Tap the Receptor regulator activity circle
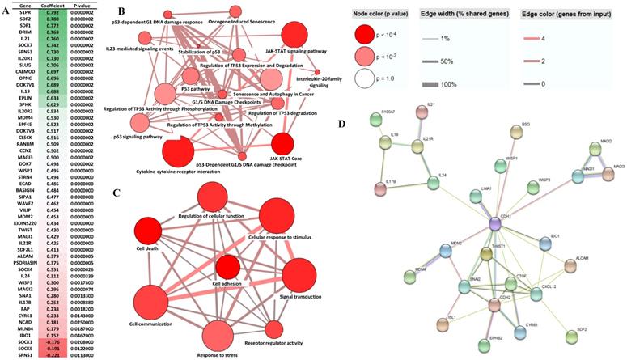tap(273, 329)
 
